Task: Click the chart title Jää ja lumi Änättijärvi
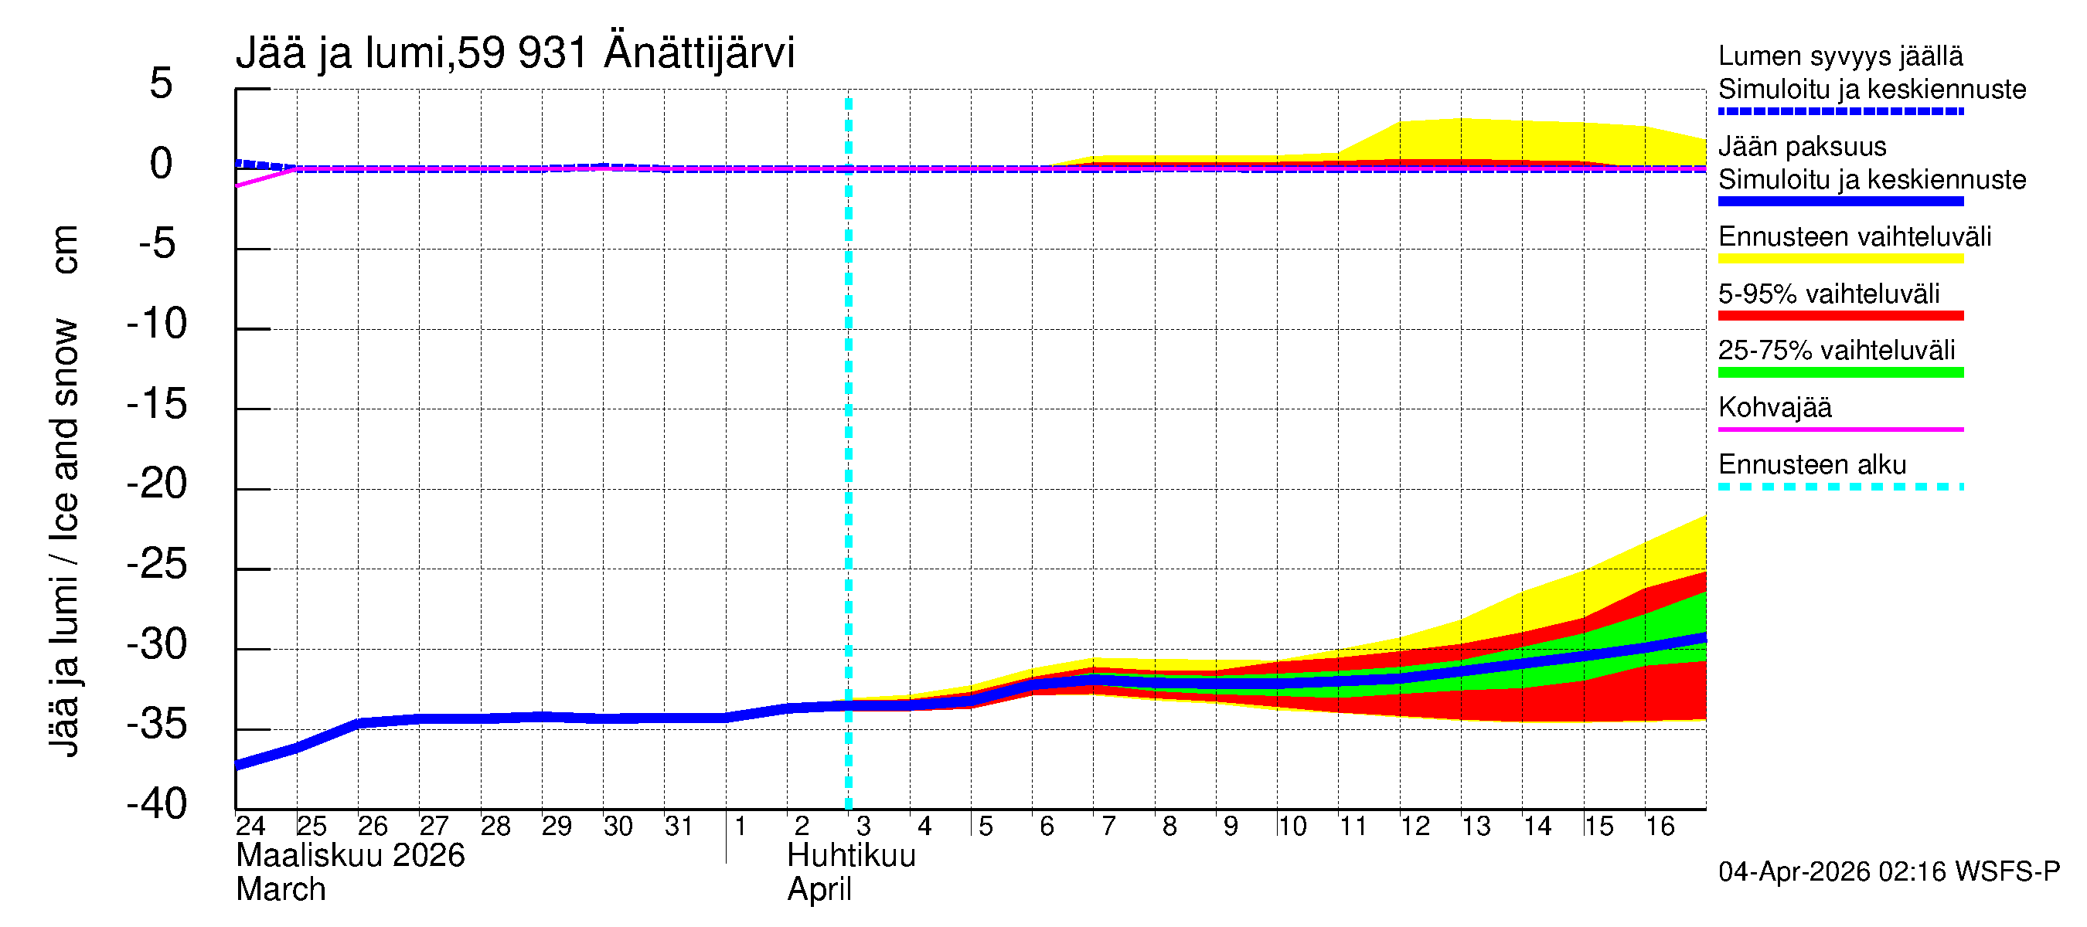[x=516, y=53]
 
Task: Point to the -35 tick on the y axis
[x=157, y=725]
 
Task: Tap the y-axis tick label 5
[x=162, y=84]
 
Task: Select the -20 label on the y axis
[x=157, y=485]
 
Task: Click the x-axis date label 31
[x=678, y=827]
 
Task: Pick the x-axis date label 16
[x=1660, y=827]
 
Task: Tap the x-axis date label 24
[x=250, y=827]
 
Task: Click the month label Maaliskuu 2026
[x=350, y=856]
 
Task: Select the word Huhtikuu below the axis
[x=851, y=856]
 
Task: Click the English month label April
[x=819, y=890]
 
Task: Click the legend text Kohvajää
[x=1774, y=407]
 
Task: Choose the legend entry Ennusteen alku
[x=1812, y=465]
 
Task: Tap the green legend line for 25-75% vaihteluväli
[x=1840, y=373]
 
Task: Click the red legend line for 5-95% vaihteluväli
[x=1840, y=316]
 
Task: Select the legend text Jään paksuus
[x=1802, y=147]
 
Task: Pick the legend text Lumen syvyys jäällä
[x=1840, y=56]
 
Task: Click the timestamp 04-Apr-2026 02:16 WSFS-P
[x=1888, y=872]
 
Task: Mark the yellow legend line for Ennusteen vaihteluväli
[x=1840, y=259]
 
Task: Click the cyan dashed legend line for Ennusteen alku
[x=1840, y=487]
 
